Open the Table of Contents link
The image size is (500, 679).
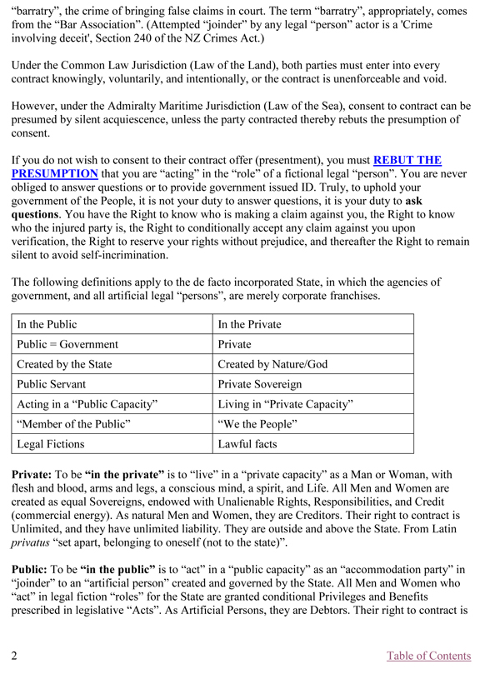(428, 656)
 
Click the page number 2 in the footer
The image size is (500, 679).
(15, 656)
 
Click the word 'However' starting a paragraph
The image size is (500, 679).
(37, 107)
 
